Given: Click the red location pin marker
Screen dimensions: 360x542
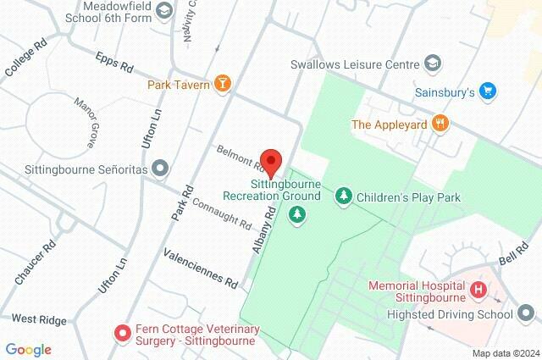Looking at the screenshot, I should click(270, 161).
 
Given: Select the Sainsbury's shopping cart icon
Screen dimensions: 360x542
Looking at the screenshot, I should click(487, 90).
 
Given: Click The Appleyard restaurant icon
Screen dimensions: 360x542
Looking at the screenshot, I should click(440, 124).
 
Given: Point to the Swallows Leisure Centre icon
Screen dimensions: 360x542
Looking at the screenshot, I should click(434, 64).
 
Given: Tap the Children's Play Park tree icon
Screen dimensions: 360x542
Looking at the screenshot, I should click(344, 197).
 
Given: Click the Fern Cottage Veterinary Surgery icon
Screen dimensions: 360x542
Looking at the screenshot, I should click(122, 333).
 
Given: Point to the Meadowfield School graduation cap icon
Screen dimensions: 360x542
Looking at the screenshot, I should click(163, 11).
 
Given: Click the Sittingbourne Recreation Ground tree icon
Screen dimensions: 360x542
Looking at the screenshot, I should click(297, 215).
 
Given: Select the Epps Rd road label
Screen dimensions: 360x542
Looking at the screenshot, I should click(116, 64).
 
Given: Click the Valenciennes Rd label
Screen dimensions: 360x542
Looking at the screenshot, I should click(201, 269).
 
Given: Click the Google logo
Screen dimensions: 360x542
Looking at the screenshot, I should click(28, 350).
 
